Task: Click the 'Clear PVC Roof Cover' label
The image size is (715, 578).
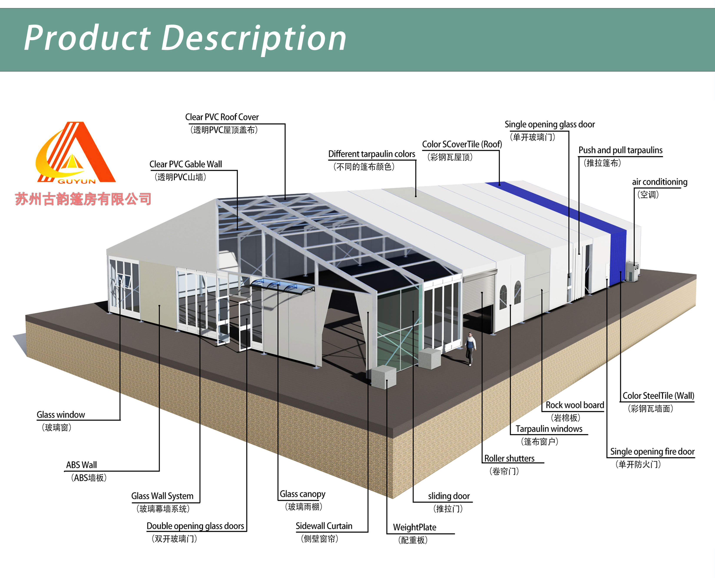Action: [222, 117]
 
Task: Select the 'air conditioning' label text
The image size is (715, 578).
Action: [659, 182]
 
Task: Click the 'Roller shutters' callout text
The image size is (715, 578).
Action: [509, 458]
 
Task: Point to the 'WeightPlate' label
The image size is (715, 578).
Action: [414, 527]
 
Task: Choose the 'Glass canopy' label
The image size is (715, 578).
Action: [302, 494]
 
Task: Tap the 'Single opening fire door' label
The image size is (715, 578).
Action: [652, 452]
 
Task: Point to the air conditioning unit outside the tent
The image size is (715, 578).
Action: [632, 271]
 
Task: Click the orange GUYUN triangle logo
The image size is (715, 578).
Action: [76, 153]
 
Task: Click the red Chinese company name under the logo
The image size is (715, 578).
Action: [83, 199]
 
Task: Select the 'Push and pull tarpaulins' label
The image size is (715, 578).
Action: [620, 151]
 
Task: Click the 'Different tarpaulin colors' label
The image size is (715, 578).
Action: [371, 154]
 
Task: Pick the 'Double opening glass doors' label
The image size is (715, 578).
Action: [195, 526]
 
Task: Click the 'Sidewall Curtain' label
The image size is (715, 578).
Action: [324, 526]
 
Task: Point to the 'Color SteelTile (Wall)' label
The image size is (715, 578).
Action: [658, 396]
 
